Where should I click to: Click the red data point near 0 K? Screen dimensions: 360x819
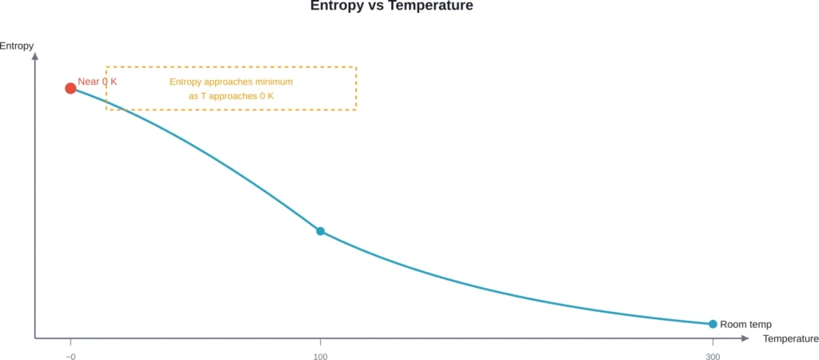pyautogui.click(x=70, y=88)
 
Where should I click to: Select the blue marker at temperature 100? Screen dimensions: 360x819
pyautogui.click(x=320, y=231)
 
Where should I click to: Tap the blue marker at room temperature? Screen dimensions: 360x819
pyautogui.click(x=713, y=324)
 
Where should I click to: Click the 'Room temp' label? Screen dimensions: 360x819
pyautogui.click(x=745, y=325)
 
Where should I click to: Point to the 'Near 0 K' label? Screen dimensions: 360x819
pyautogui.click(x=98, y=82)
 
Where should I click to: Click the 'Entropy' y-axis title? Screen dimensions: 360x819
pyautogui.click(x=17, y=46)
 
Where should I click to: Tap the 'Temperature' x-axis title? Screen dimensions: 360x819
pyautogui.click(x=790, y=339)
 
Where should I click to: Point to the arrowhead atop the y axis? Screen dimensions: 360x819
pyautogui.click(x=35, y=57)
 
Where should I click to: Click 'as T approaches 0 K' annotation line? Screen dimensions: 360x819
pyautogui.click(x=231, y=96)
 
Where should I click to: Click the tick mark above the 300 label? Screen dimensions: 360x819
pyautogui.click(x=713, y=342)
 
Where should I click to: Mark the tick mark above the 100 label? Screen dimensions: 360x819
pyautogui.click(x=320, y=342)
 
